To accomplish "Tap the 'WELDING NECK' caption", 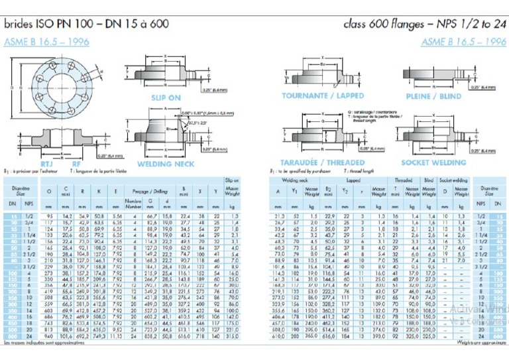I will coord(164,163).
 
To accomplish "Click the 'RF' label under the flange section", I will coord(78,162).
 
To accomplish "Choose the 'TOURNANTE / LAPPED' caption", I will coord(323,96).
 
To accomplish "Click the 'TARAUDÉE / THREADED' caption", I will coord(323,162).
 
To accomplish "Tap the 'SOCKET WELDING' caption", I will coord(434,162).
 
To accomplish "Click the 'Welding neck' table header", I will coord(295,180).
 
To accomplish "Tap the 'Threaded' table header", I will coord(404,180).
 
